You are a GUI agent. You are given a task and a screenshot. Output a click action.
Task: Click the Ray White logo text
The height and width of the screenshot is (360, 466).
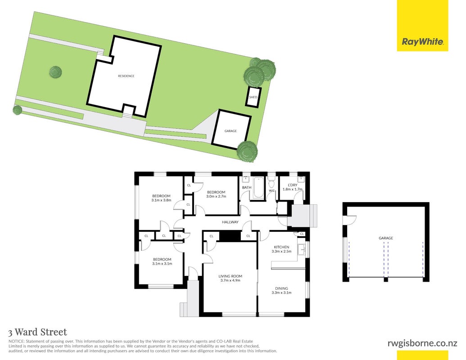tap(422, 41)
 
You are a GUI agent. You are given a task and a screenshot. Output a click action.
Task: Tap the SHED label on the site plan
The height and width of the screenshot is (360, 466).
tap(253, 97)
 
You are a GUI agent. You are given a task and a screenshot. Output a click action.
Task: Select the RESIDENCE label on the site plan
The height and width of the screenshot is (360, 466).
tap(127, 76)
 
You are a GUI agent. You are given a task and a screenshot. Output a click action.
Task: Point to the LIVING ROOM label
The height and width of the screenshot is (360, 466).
tap(231, 276)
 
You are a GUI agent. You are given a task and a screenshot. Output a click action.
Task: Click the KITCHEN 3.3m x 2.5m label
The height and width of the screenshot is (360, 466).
tap(281, 249)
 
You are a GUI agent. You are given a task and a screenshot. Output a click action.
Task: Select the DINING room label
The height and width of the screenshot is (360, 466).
tap(281, 288)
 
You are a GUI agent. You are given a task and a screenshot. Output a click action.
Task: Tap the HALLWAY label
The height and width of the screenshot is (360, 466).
tap(230, 222)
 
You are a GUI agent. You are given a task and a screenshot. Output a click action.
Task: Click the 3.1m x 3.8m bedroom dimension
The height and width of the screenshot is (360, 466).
tap(161, 200)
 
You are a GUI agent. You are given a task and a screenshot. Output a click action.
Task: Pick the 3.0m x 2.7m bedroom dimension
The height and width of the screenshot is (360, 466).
tap(217, 196)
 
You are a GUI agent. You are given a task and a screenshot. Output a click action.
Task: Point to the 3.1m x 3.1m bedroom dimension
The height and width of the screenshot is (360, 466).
tap(162, 263)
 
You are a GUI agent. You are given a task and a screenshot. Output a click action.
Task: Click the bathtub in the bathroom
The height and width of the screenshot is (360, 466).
tap(258, 188)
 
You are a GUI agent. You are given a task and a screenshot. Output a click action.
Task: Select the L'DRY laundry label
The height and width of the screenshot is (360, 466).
tap(293, 185)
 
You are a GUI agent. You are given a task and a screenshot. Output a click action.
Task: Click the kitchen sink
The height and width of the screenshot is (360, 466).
tap(301, 250)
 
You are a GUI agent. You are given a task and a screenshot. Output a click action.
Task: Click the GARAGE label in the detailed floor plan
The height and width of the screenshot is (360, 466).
tap(386, 238)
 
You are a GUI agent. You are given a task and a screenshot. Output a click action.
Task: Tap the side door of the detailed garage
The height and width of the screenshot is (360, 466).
tap(350, 220)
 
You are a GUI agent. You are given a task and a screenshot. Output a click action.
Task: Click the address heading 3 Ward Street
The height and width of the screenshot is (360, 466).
tap(38, 332)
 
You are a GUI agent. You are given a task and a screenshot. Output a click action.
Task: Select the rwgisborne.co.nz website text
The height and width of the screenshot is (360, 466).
tap(422, 343)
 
